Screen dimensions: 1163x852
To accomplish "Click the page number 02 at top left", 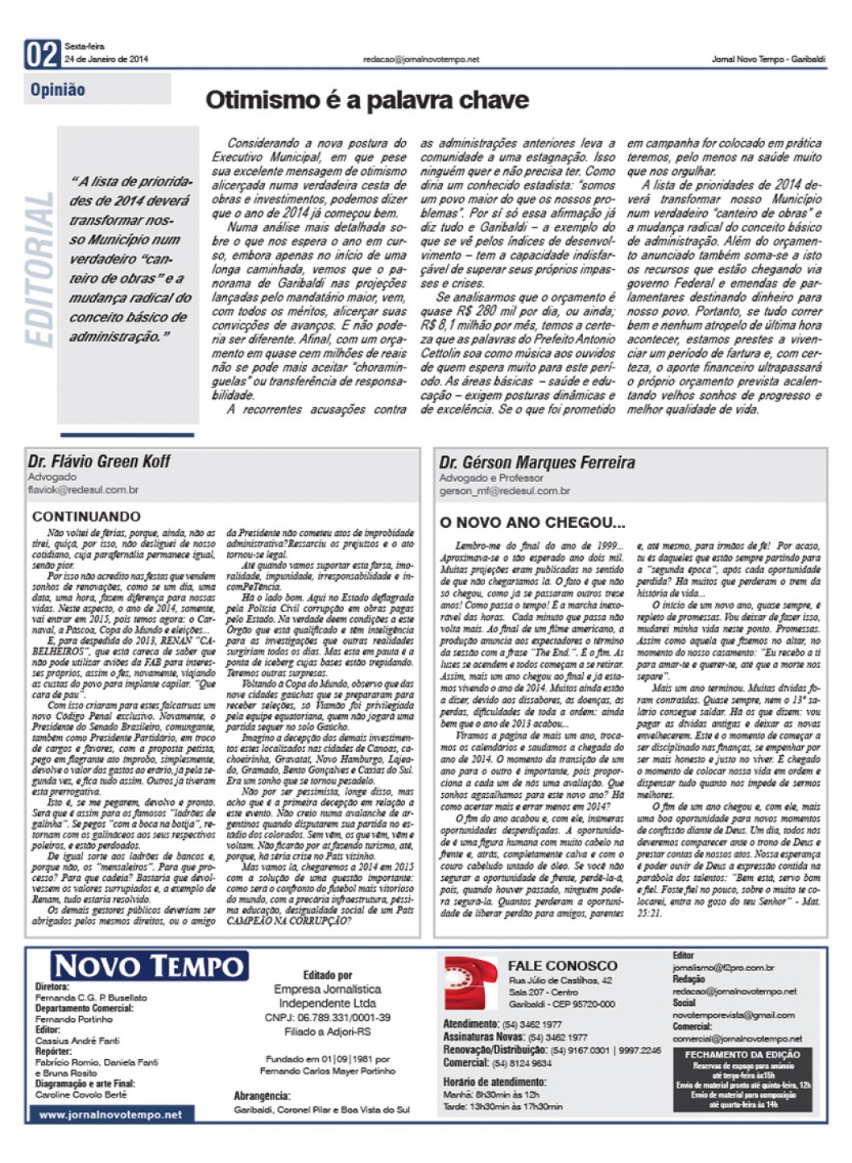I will point(43,55).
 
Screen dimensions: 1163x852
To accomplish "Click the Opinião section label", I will point(58,90).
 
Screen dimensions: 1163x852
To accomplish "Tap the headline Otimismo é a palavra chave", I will point(367,101).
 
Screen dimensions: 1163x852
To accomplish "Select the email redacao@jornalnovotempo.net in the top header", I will point(421,60).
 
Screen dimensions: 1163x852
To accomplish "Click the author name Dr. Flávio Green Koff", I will point(99,462).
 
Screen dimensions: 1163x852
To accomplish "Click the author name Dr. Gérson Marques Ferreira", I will point(536,463).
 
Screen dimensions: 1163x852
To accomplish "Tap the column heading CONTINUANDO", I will point(86,517).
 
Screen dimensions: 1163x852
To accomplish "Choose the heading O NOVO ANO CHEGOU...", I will point(531,522).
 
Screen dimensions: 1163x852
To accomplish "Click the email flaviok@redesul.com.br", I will point(83,489).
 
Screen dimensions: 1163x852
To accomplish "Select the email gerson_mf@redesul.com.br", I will point(504,490).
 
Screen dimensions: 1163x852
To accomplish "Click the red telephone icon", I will point(471,983).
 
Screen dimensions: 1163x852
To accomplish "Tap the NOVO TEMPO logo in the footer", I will point(150,966).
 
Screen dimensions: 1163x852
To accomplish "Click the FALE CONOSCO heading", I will point(562,966).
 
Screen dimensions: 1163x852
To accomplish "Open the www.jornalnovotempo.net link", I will point(110,1115).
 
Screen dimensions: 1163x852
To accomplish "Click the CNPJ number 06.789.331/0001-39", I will point(328,1018).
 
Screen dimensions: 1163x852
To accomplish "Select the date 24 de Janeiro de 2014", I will point(106,59).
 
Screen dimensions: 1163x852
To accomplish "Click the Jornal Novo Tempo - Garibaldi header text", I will point(768,60).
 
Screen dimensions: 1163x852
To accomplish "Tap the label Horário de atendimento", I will point(494,1082).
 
